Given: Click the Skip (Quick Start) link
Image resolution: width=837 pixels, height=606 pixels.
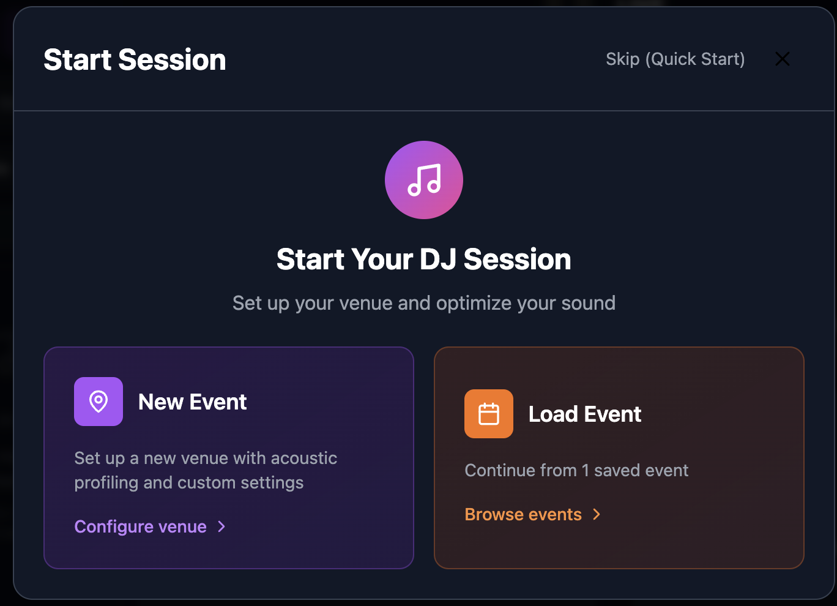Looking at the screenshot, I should (675, 59).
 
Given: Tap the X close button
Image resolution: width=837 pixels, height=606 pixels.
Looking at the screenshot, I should (782, 59).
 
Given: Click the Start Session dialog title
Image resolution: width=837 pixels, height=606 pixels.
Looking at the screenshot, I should (135, 59).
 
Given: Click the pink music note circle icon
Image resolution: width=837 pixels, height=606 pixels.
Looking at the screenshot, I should (423, 180).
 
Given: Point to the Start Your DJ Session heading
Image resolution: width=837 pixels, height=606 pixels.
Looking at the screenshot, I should (423, 259).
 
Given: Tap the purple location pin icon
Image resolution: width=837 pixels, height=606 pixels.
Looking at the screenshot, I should (99, 402).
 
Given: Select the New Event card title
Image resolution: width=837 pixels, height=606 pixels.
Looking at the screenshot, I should (192, 402).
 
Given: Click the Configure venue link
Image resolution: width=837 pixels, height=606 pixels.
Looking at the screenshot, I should (140, 526).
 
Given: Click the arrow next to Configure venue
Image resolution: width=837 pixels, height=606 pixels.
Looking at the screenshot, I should (222, 526).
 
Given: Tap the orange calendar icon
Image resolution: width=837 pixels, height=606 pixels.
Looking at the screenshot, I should (488, 414).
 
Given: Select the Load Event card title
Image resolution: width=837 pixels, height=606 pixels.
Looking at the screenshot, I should (584, 414).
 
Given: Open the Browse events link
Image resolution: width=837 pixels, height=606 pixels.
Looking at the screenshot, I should (523, 514).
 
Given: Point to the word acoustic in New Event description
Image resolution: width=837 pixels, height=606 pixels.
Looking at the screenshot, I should (303, 458).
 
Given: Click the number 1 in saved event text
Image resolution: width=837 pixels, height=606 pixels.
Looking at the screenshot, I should (585, 470).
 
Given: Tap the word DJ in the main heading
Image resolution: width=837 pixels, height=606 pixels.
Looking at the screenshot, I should (439, 259).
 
